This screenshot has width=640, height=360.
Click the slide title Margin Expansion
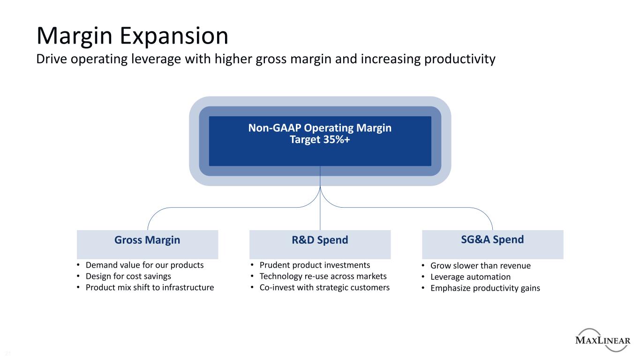(132, 37)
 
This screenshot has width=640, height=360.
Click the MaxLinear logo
(603, 340)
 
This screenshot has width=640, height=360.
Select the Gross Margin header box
(147, 245)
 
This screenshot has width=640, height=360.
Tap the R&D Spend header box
(320, 245)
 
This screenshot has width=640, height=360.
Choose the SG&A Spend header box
(493, 245)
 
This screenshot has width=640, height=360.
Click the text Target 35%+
(320, 140)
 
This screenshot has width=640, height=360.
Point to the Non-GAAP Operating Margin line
(320, 127)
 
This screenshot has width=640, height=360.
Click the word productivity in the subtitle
(459, 60)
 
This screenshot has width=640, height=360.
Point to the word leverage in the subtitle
(156, 60)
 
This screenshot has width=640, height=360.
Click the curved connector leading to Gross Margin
(229, 208)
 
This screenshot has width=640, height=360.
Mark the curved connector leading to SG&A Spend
(412, 208)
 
